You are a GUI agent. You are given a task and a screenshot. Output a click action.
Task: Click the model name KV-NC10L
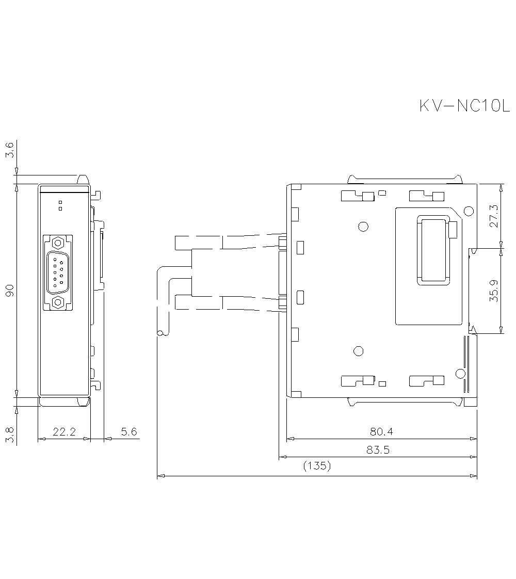[x=464, y=106]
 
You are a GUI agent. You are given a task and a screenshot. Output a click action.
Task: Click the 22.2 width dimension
[x=64, y=431]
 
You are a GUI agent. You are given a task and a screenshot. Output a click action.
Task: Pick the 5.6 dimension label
[x=129, y=431]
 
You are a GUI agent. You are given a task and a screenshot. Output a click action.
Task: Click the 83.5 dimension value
[x=378, y=449]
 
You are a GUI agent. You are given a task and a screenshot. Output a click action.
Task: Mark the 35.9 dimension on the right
[x=494, y=291]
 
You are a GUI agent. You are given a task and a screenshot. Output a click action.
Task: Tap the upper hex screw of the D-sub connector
[x=58, y=243]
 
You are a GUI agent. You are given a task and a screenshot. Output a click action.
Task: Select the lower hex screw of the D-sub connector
[x=58, y=302]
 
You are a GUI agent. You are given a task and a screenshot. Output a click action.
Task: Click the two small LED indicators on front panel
[x=60, y=205]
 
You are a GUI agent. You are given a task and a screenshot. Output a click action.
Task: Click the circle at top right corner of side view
[x=469, y=211]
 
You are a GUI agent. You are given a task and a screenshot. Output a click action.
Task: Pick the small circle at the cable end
[x=161, y=333]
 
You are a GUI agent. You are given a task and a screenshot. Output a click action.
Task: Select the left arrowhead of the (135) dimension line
[x=160, y=475]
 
